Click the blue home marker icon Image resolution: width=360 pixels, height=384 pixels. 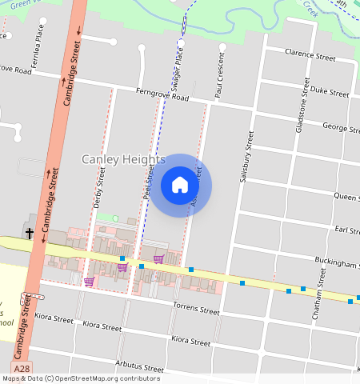[180, 185]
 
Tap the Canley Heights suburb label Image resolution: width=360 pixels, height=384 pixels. [123, 160]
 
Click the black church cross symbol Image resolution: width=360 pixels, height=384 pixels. [30, 234]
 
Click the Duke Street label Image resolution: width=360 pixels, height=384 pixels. [330, 92]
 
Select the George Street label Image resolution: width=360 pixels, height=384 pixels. [341, 128]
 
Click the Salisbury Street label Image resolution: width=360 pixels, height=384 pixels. [247, 156]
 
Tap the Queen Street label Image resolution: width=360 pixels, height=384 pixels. [346, 196]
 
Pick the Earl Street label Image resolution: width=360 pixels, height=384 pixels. [347, 230]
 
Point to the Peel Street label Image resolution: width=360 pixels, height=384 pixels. [148, 182]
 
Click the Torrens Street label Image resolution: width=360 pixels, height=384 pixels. [196, 309]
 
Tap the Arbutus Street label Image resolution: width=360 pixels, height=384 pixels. [139, 367]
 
